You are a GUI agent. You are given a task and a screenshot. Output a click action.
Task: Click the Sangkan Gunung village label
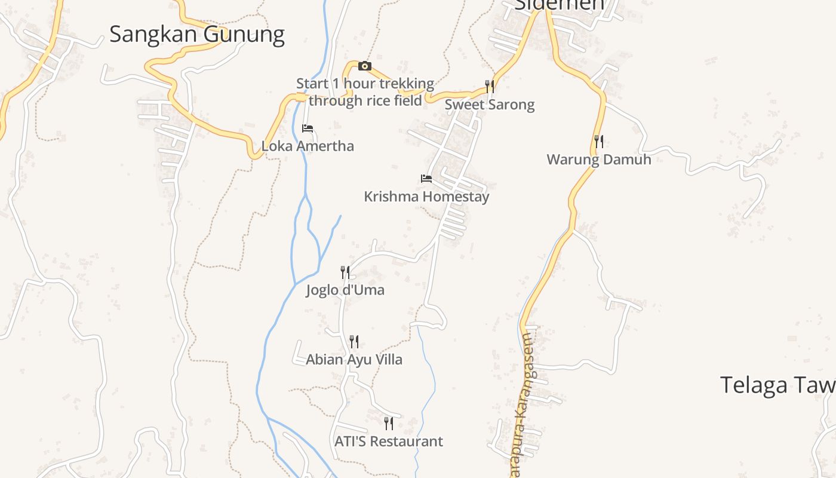(x=196, y=34)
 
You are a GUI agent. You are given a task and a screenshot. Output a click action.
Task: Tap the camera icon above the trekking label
(x=364, y=66)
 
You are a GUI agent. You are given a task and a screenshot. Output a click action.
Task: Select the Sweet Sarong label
(x=489, y=105)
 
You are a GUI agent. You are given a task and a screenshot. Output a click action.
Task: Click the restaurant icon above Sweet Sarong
(x=490, y=86)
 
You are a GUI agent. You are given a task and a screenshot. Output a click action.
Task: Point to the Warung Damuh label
(x=598, y=160)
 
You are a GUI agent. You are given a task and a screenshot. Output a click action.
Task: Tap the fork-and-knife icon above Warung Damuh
(x=598, y=142)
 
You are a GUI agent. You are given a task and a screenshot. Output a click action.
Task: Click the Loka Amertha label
(x=308, y=146)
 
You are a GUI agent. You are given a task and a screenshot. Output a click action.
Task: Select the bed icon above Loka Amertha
(x=308, y=128)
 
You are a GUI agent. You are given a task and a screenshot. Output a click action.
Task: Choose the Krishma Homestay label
(x=426, y=196)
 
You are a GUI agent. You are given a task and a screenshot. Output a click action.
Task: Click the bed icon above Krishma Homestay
(x=426, y=178)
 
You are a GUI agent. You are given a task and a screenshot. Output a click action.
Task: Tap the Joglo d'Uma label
(x=345, y=290)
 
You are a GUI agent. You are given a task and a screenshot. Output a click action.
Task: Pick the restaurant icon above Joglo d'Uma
(x=345, y=272)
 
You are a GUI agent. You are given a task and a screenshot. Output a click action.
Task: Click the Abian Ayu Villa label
(x=354, y=359)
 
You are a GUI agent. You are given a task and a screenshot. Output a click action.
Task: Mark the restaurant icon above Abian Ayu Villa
(x=354, y=342)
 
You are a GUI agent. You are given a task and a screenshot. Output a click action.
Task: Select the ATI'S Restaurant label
(x=388, y=441)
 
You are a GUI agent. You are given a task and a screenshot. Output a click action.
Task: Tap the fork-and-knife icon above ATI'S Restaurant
(x=388, y=424)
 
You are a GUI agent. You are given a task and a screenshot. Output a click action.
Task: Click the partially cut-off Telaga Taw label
(x=777, y=385)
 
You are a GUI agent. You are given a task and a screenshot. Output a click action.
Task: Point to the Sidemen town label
(x=559, y=5)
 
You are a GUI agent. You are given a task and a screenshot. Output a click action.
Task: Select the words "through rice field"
(x=365, y=100)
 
